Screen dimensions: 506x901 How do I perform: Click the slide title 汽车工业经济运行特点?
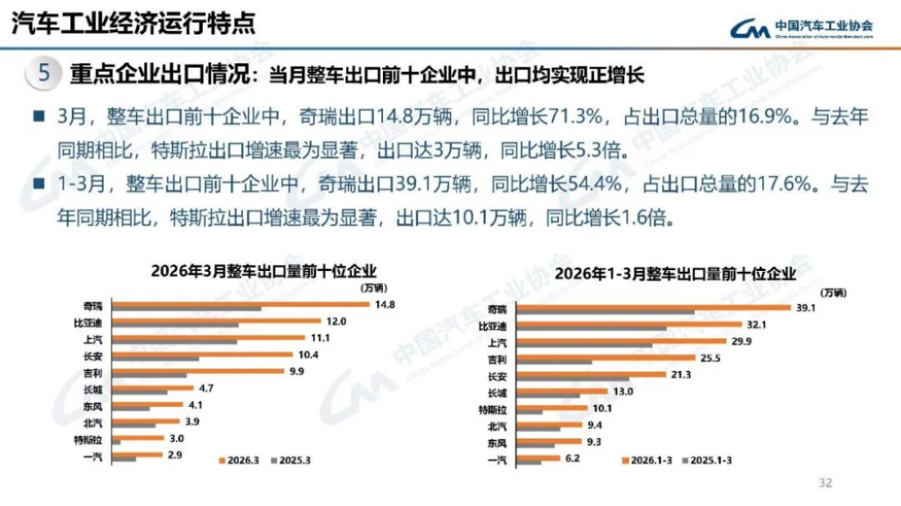(133, 23)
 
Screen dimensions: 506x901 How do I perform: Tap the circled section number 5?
(45, 73)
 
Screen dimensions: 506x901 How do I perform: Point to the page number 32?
(826, 483)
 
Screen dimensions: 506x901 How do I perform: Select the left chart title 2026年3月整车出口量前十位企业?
(264, 271)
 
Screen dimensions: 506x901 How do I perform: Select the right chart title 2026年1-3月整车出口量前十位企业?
(673, 273)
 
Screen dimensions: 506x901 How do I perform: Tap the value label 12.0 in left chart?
(335, 321)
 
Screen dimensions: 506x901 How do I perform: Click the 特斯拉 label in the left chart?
(88, 438)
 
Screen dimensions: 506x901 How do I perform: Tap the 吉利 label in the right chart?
(497, 359)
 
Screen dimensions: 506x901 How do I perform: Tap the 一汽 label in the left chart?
(92, 455)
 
